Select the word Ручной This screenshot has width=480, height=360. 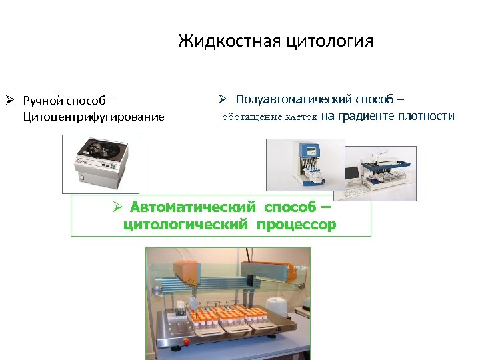tap(41, 101)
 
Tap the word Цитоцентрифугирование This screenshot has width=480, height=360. tap(93, 117)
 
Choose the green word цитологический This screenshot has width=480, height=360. tap(181, 224)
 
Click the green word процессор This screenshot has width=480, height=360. tap(294, 224)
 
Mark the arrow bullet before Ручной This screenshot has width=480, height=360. tap(10, 101)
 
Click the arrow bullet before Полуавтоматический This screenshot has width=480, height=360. tap(223, 99)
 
